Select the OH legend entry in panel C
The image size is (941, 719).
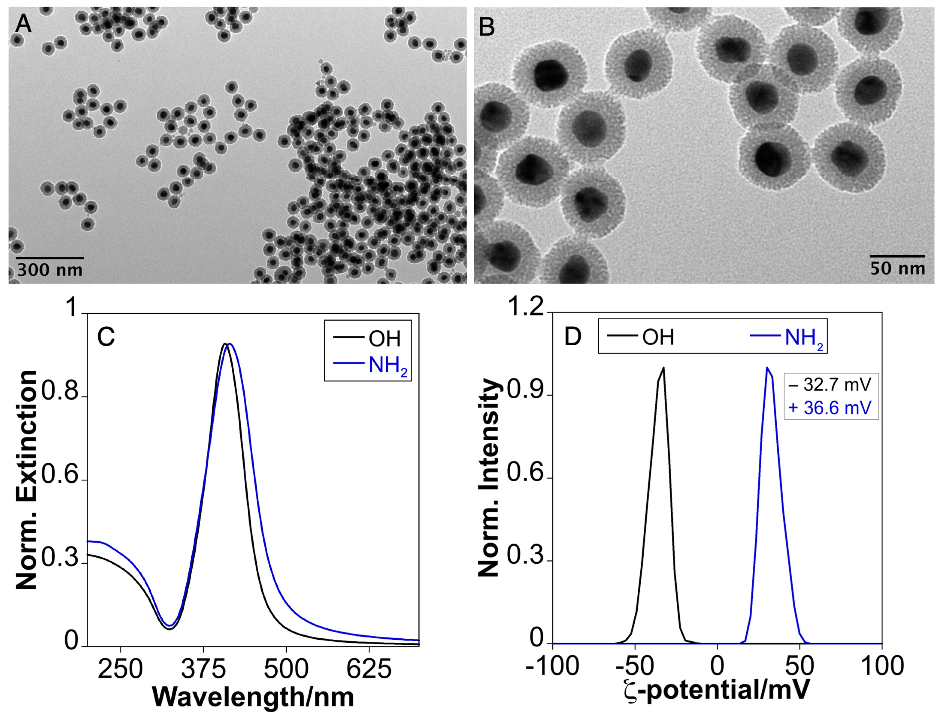coord(384,339)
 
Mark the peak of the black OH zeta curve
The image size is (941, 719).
coord(664,367)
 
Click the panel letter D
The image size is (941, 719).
coord(573,337)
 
